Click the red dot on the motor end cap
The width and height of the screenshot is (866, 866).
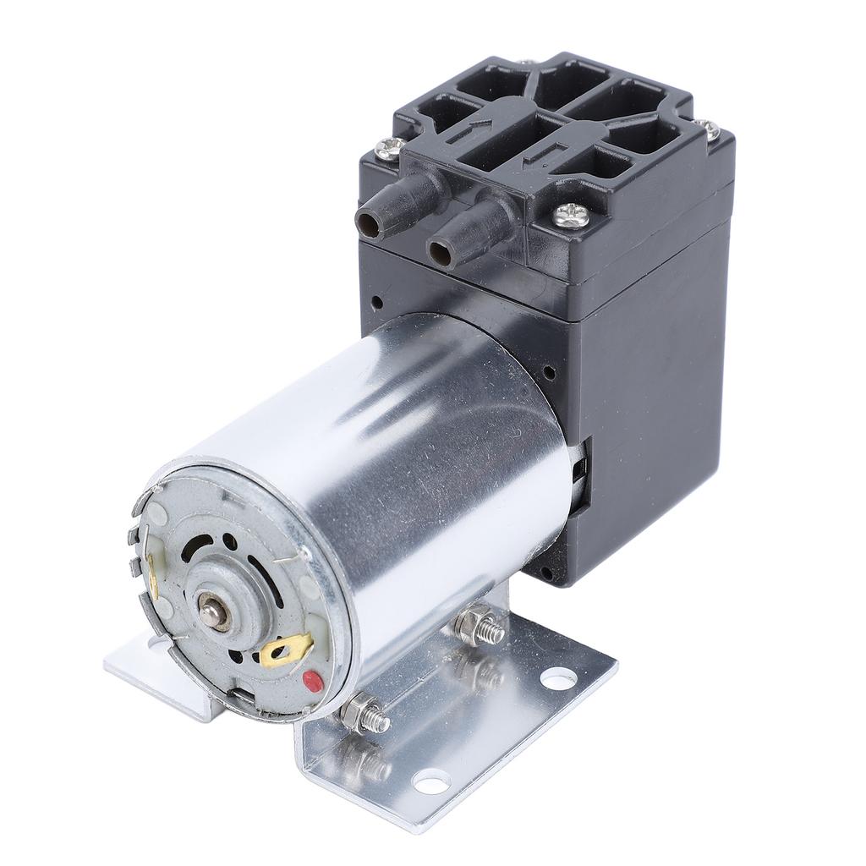coord(314,679)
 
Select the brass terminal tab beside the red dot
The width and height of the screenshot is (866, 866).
coord(286,650)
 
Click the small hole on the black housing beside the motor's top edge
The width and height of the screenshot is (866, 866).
coord(549,371)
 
